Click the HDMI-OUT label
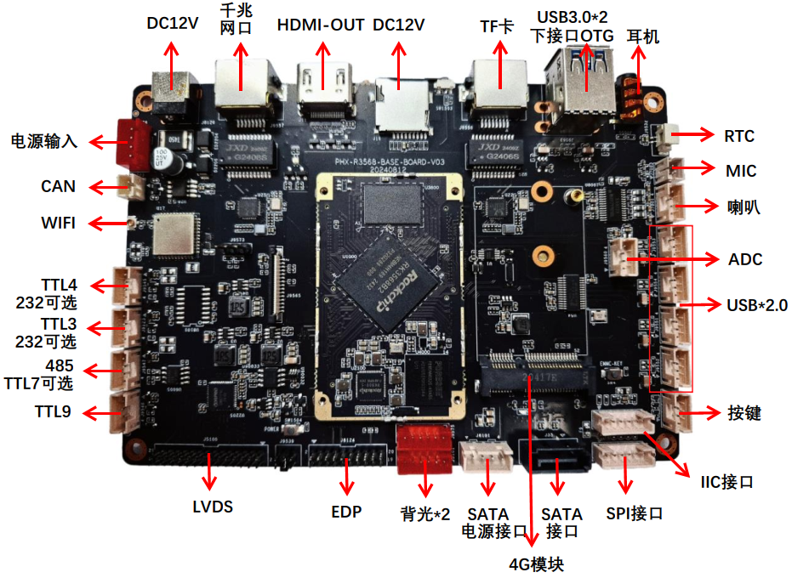click(322, 25)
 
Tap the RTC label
click(739, 135)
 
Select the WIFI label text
click(58, 224)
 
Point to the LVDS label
click(212, 507)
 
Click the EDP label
click(346, 512)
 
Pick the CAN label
click(58, 186)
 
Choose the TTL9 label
click(53, 412)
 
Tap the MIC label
click(741, 172)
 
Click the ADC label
click(745, 258)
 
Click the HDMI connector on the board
click(322, 85)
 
